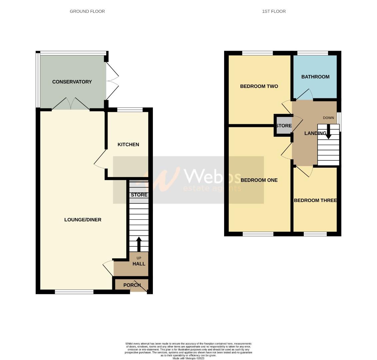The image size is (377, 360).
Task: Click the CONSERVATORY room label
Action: click(x=72, y=82)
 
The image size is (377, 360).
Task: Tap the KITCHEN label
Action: click(x=128, y=144)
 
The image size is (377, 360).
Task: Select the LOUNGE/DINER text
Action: click(x=83, y=220)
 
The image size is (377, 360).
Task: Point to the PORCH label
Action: click(x=132, y=285)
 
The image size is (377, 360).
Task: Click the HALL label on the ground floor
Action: click(x=139, y=264)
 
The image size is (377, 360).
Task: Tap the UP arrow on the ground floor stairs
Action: click(x=139, y=244)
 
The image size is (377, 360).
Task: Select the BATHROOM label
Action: click(x=315, y=77)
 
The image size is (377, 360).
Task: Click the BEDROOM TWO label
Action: click(x=259, y=86)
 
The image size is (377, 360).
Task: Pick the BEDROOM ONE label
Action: click(x=259, y=180)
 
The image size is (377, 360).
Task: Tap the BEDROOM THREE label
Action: click(x=315, y=200)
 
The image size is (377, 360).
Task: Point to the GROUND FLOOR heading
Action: click(x=87, y=11)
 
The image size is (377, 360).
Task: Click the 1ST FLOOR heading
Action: click(x=274, y=11)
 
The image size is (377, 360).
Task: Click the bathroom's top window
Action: click(x=313, y=53)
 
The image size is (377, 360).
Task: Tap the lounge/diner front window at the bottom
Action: click(x=74, y=292)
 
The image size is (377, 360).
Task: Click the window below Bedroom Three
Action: click(x=315, y=234)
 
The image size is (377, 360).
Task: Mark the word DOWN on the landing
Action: click(x=328, y=118)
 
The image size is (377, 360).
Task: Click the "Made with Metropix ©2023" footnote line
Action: click(x=188, y=358)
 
